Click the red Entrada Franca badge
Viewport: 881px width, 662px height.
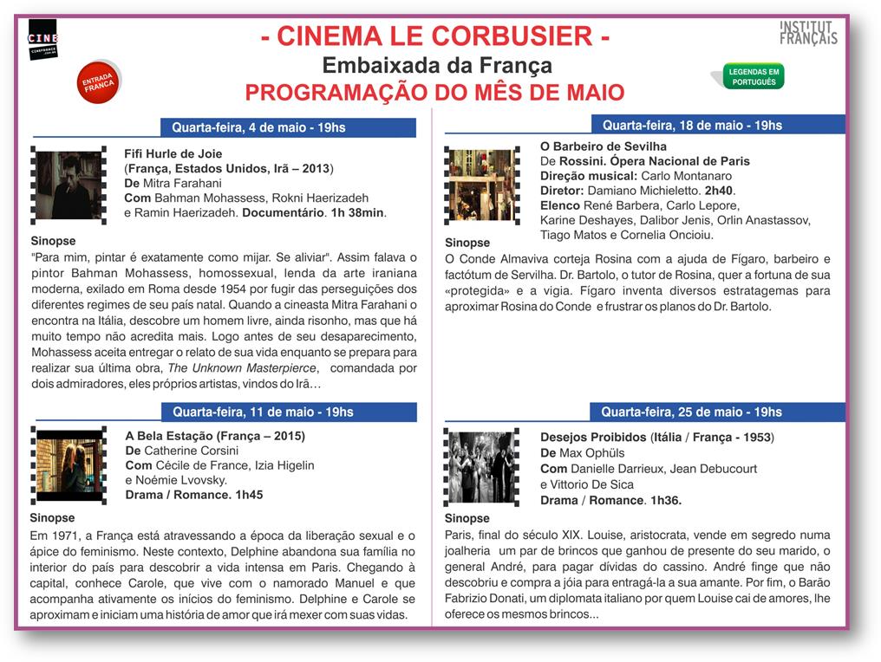tap(99, 82)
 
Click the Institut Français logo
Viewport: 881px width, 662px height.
tap(808, 33)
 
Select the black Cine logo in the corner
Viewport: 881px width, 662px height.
tap(42, 40)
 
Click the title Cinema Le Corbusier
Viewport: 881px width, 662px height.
tap(434, 37)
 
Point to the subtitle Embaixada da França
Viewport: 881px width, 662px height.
tap(436, 66)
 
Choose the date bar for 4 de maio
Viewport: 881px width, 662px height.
tap(288, 127)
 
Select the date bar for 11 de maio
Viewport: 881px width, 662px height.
tap(288, 412)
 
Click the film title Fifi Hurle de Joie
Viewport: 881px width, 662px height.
tap(173, 153)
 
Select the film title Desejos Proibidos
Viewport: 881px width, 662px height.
tap(593, 437)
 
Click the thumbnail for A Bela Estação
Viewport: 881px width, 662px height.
tap(69, 465)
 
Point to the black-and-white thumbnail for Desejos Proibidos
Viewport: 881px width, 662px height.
tap(482, 467)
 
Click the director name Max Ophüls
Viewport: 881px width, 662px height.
tap(592, 453)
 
